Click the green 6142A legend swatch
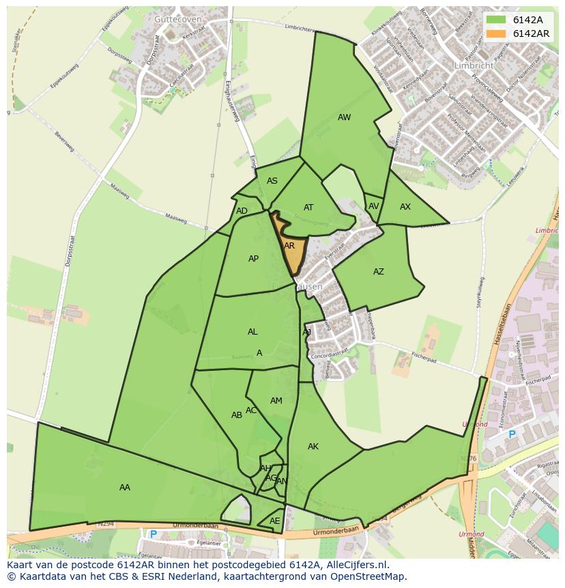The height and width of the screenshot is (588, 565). [x=497, y=20]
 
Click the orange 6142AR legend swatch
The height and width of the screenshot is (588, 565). [x=497, y=33]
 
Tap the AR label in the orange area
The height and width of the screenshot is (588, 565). [x=289, y=246]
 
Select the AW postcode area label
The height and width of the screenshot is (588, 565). [x=344, y=117]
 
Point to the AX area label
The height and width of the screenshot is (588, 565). [x=405, y=207]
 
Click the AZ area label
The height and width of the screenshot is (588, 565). [x=378, y=272]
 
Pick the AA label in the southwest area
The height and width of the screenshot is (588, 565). [x=124, y=488]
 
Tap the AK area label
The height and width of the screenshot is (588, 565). [x=313, y=447]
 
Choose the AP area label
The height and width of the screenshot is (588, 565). [x=253, y=259]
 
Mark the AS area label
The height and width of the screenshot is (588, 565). [x=272, y=181]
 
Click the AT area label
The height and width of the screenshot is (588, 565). [x=308, y=208]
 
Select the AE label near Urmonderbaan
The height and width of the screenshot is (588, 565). [x=274, y=521]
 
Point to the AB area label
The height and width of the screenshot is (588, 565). [x=236, y=415]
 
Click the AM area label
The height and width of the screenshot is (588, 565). [x=276, y=401]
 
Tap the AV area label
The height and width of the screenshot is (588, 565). [x=373, y=206]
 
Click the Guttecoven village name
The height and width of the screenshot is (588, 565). [x=177, y=20]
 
